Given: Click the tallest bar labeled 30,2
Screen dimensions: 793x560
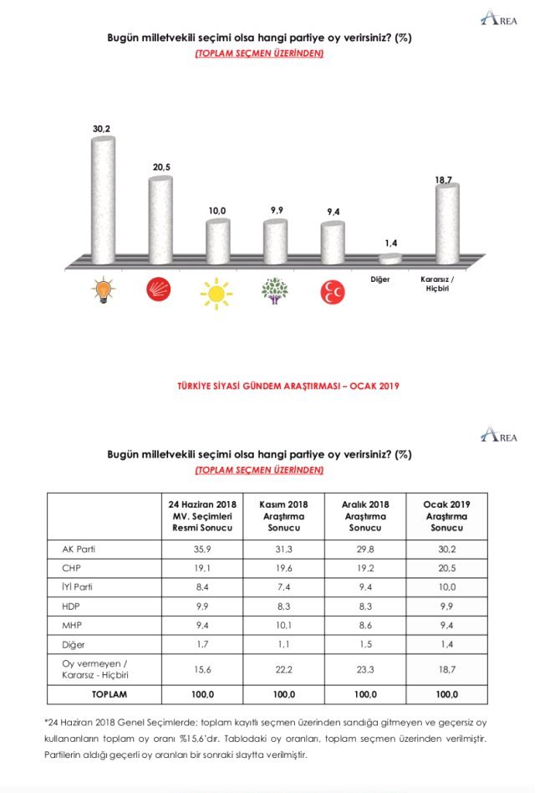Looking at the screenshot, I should click(103, 201).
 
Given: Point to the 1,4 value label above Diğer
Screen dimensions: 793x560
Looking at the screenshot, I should click(390, 243).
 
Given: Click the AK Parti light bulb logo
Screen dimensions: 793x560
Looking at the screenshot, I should click(104, 291).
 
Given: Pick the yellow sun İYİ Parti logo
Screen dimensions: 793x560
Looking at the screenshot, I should click(217, 292).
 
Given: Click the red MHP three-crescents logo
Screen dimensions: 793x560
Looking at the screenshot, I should click(332, 291).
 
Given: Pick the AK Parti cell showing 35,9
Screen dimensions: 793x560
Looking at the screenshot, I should click(201, 549).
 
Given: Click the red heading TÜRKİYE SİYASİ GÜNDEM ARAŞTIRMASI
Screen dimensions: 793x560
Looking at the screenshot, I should click(288, 386).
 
